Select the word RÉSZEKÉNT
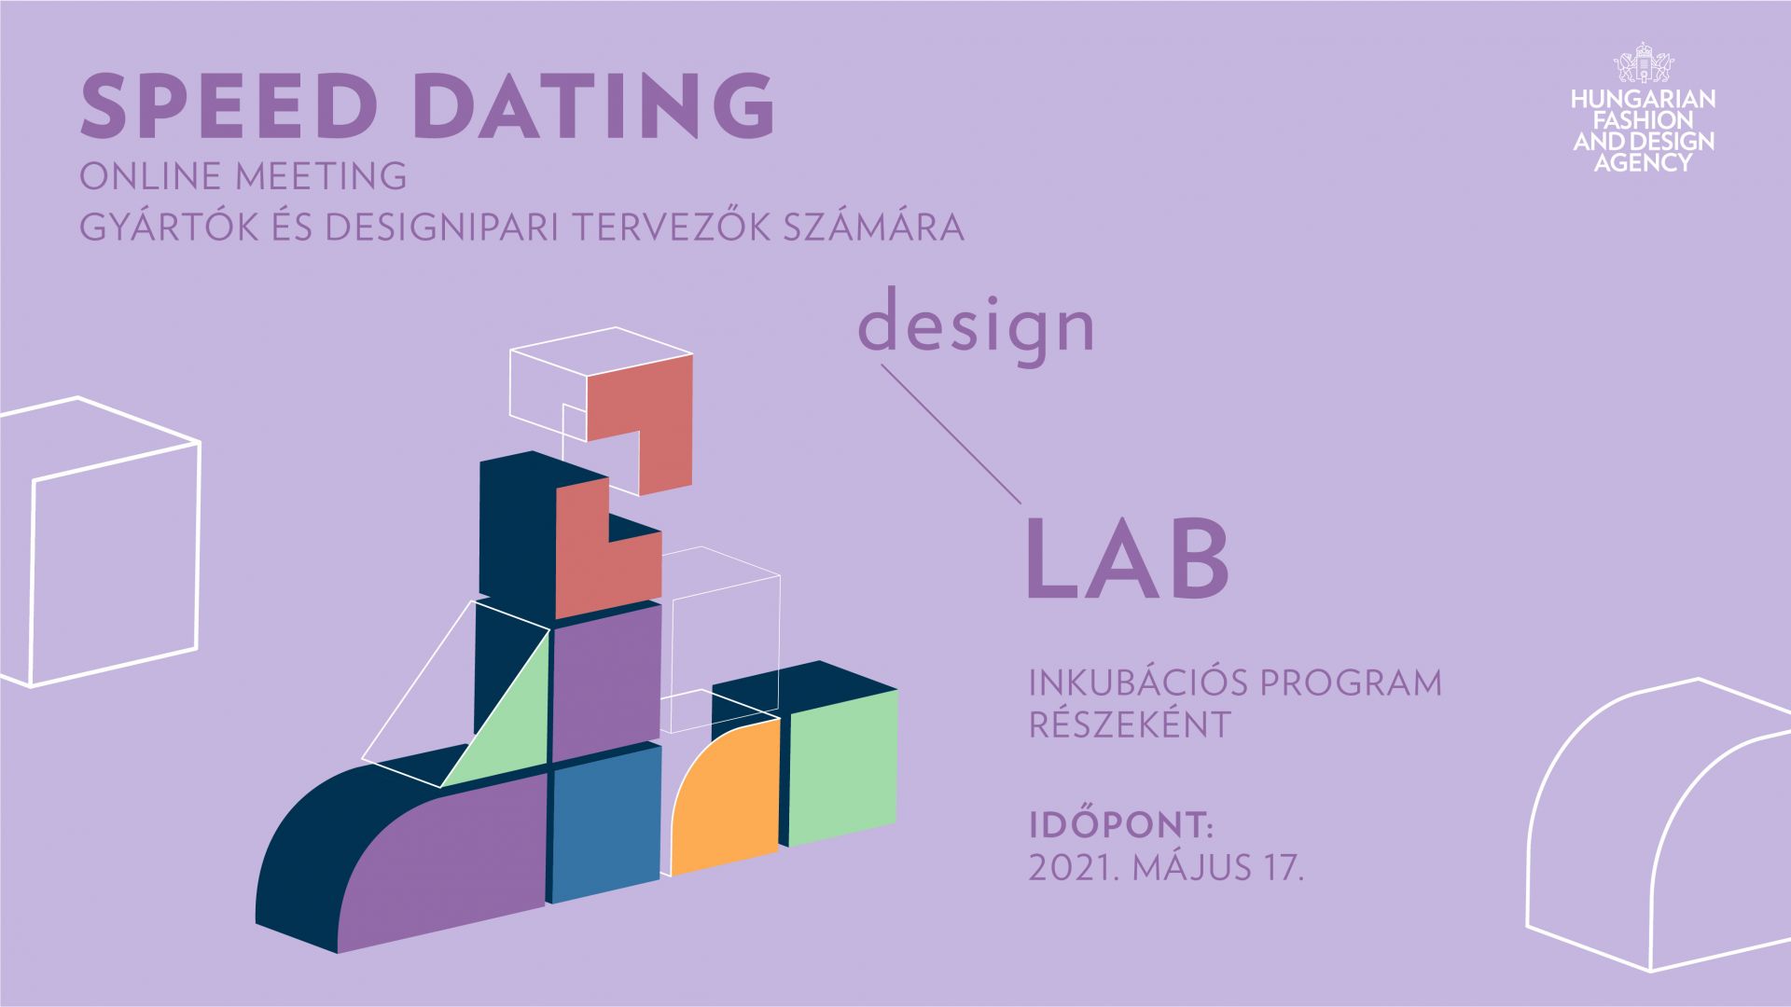point(1130,724)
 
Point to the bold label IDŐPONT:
point(1120,825)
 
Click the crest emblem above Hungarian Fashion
point(1644,63)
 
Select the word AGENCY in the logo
point(1643,162)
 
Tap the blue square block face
point(604,821)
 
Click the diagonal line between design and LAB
point(951,435)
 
